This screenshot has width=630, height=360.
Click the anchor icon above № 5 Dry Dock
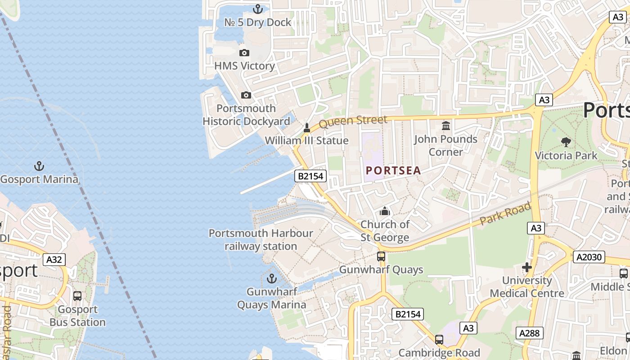point(258,9)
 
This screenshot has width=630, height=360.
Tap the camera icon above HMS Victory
point(244,53)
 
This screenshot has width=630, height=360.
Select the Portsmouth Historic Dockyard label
point(246,115)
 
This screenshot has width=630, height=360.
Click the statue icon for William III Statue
point(307,128)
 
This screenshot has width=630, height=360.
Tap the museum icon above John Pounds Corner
point(446,126)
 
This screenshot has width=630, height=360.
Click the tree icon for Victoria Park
point(566,142)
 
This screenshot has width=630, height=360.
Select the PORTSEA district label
point(393,171)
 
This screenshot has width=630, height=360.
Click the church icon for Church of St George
point(385,211)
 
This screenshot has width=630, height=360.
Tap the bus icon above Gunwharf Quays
point(381,256)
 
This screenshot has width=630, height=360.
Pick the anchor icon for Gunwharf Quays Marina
point(271,279)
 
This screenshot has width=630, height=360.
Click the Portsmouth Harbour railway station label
point(261,240)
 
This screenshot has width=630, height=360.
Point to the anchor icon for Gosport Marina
point(39,166)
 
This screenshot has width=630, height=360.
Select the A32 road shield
point(54,260)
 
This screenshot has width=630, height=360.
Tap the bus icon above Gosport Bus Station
point(77,296)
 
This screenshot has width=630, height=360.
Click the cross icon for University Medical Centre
point(526,267)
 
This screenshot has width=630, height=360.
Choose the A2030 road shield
point(589,257)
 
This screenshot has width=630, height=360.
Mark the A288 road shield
point(529,333)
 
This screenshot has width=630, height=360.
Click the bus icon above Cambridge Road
point(439,339)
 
